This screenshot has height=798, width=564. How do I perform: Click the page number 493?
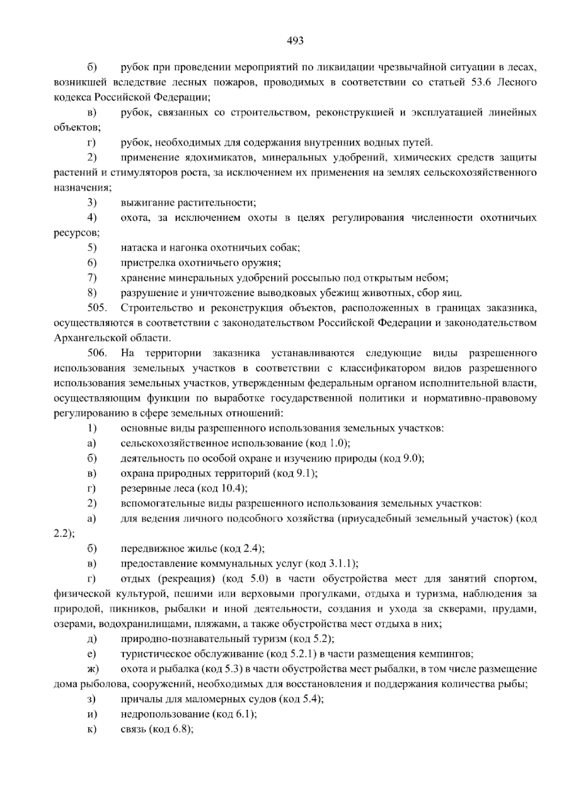click(x=295, y=41)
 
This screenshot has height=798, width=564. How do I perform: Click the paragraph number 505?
click(x=97, y=308)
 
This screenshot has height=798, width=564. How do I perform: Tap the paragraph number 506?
click(x=97, y=353)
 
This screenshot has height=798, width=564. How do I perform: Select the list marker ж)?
click(x=92, y=669)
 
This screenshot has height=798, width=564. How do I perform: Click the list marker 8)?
click(x=92, y=292)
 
